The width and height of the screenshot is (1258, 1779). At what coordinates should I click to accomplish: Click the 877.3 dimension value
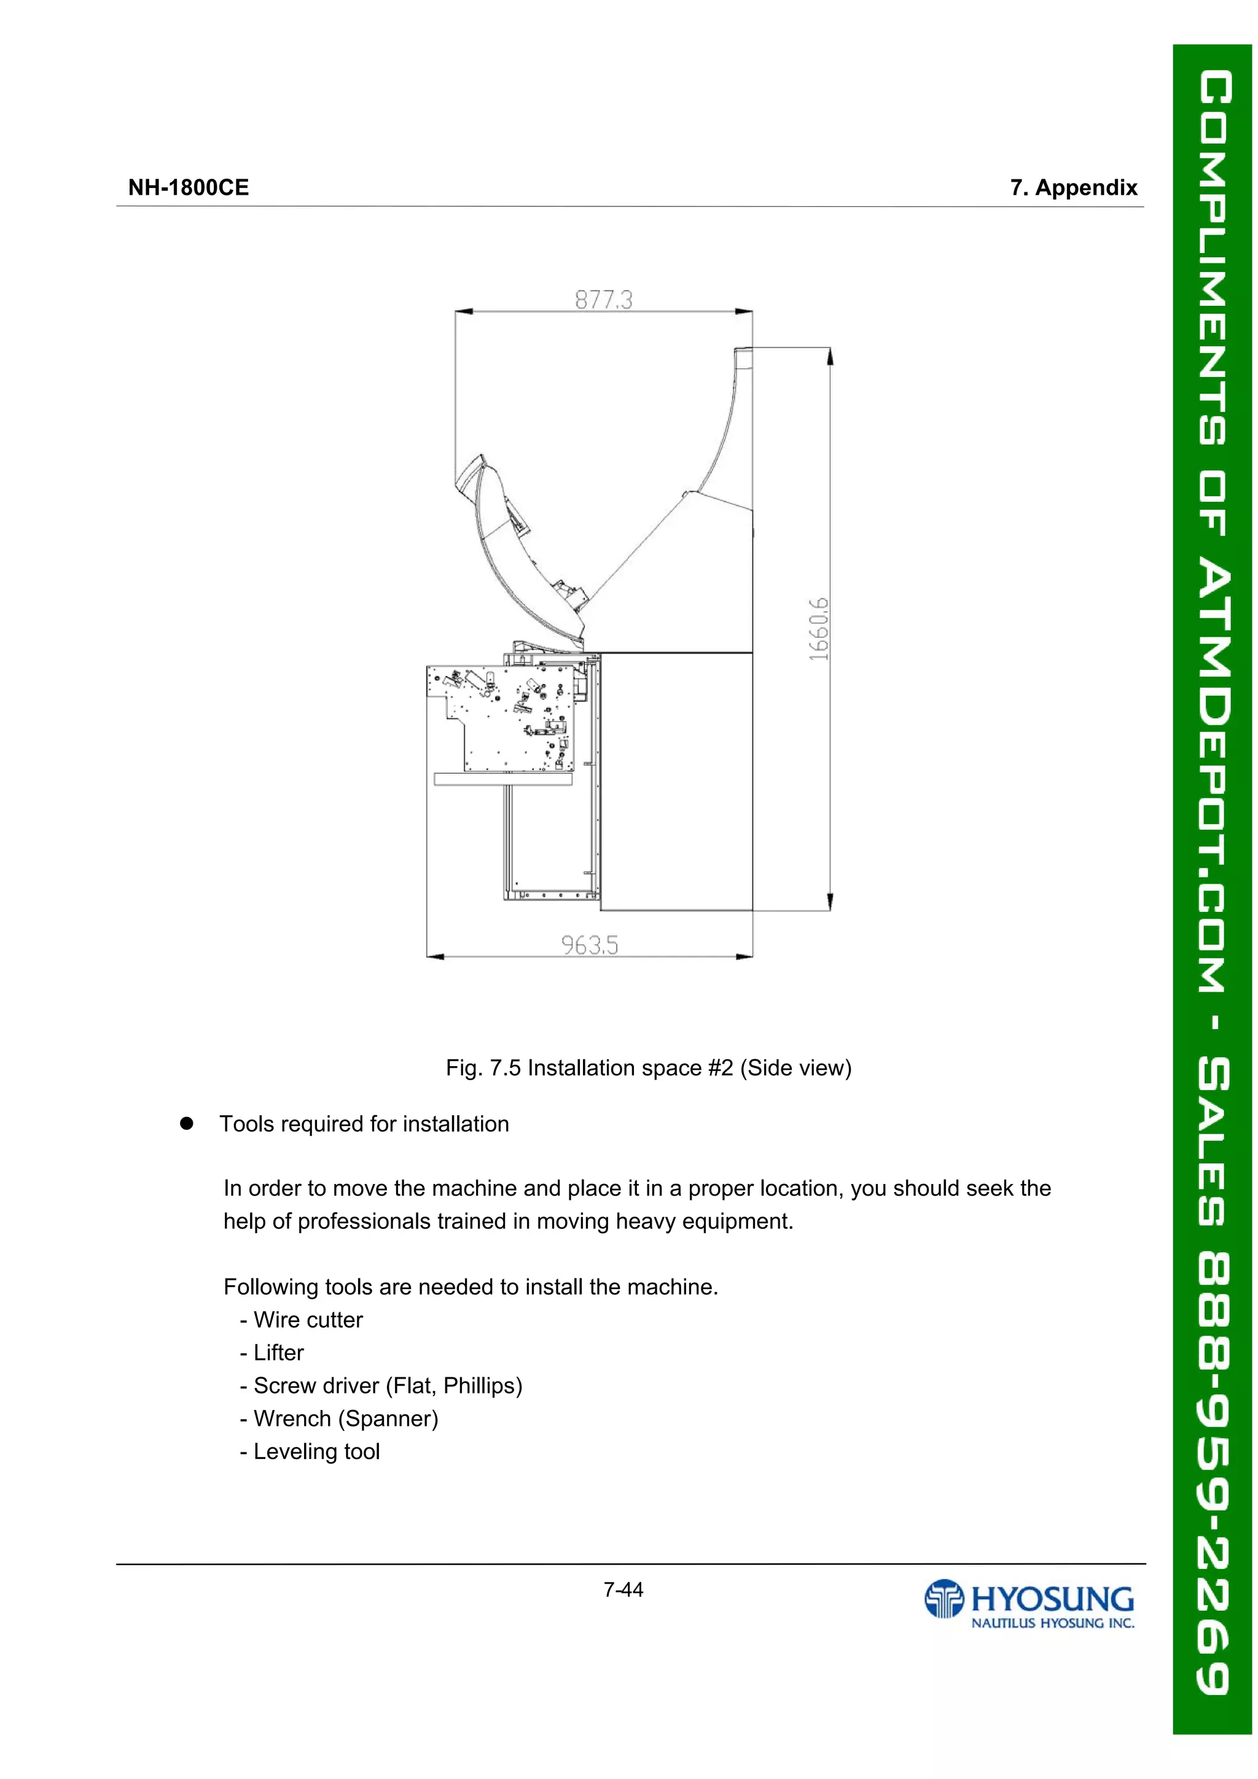[603, 300]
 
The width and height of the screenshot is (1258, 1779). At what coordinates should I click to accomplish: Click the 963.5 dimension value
[589, 945]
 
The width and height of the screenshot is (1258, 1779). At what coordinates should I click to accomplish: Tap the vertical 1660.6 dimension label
[819, 629]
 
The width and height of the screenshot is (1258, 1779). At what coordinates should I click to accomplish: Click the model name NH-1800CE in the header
[189, 187]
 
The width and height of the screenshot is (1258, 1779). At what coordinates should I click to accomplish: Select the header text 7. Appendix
[1074, 187]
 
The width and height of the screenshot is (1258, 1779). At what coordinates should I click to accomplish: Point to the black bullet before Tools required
[186, 1124]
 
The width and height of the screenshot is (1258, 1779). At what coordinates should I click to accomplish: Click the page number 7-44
[623, 1590]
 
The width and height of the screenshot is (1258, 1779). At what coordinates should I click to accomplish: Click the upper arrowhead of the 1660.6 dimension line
[830, 356]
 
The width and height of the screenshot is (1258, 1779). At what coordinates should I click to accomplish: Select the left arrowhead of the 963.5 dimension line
[435, 957]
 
